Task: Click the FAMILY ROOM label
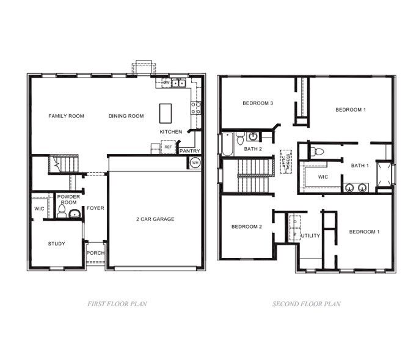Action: tap(67, 116)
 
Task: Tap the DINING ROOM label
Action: tap(126, 116)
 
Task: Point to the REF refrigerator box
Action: tap(168, 147)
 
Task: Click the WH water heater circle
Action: tap(195, 163)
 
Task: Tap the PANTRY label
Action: tap(190, 150)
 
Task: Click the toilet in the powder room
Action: tap(62, 211)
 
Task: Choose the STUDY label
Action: tap(56, 244)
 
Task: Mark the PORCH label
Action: tap(95, 253)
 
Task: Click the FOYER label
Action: tap(95, 208)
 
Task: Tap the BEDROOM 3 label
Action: tap(257, 103)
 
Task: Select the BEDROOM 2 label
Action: tap(246, 227)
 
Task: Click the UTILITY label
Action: tap(311, 235)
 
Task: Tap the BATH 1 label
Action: tap(360, 165)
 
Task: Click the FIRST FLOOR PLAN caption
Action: tap(117, 304)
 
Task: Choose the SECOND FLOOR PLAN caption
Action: tap(306, 304)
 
